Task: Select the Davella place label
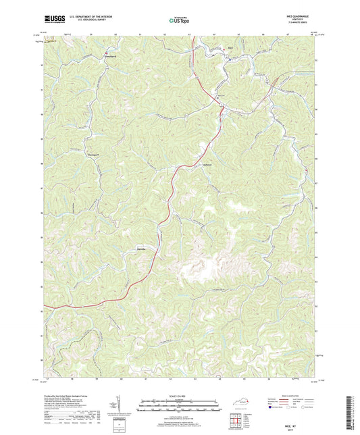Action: [142, 249]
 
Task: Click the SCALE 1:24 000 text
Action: [180, 395]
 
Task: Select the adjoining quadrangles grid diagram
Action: [236, 421]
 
